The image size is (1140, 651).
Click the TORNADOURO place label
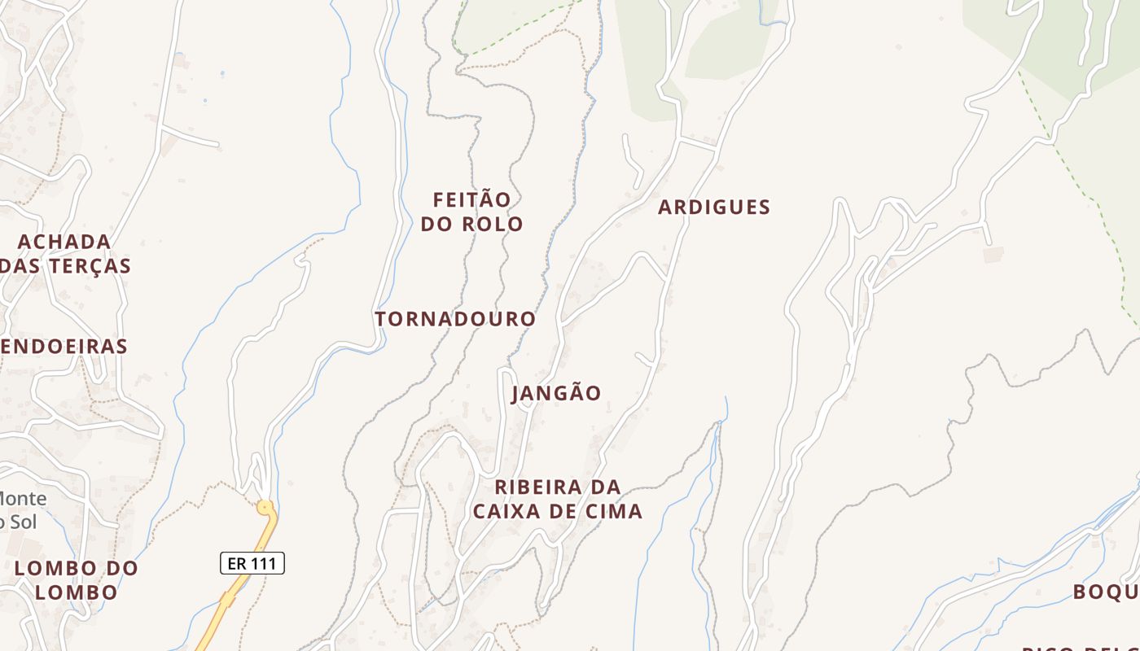click(x=455, y=319)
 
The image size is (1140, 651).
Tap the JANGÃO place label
click(x=556, y=393)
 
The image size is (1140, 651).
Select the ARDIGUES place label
click(x=713, y=208)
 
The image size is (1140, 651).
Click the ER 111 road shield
click(x=252, y=563)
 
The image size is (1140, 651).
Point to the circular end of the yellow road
click(x=265, y=508)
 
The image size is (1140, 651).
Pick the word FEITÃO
click(x=471, y=199)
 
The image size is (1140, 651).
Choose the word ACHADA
click(x=64, y=242)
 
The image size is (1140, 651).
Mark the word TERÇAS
click(x=89, y=266)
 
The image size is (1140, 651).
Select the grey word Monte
click(x=23, y=498)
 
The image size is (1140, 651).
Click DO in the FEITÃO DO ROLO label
click(x=436, y=224)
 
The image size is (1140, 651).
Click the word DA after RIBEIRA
click(x=605, y=487)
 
